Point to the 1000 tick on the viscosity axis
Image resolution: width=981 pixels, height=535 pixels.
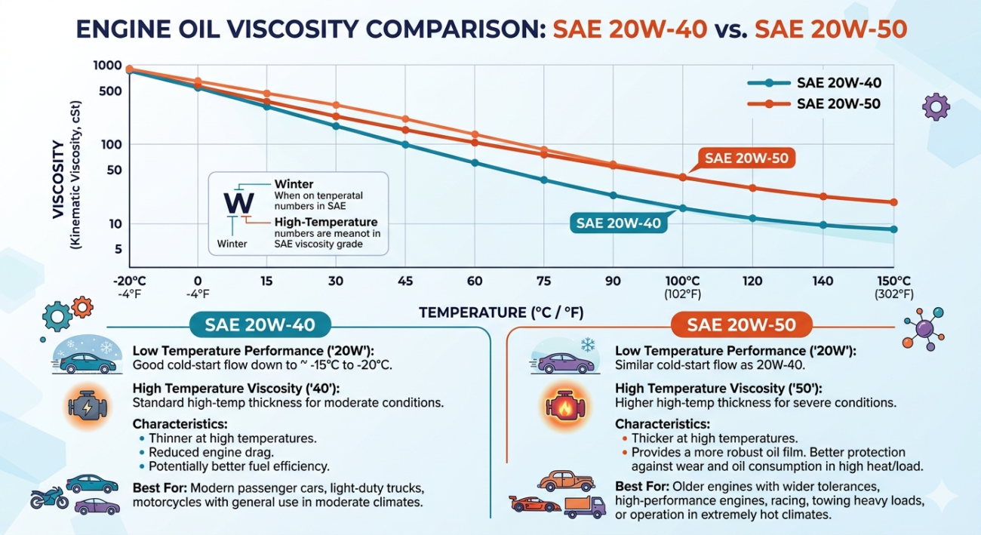107,66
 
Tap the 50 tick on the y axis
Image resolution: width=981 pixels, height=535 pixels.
114,170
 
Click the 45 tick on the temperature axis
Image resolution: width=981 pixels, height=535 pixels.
405,281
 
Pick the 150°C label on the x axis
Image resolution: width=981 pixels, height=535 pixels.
893,281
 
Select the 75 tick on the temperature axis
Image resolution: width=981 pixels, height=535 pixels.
543,281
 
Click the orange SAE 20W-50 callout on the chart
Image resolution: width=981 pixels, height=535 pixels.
745,158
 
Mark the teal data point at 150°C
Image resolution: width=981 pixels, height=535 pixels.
893,229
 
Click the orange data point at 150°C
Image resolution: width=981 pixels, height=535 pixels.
893,202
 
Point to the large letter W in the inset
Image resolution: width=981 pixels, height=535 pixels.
239,203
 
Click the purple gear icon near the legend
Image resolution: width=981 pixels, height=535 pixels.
936,107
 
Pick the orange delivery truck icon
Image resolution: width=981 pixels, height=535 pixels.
584,506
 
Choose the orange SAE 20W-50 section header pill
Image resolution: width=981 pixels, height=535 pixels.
742,325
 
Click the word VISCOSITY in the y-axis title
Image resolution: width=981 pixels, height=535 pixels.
59,180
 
